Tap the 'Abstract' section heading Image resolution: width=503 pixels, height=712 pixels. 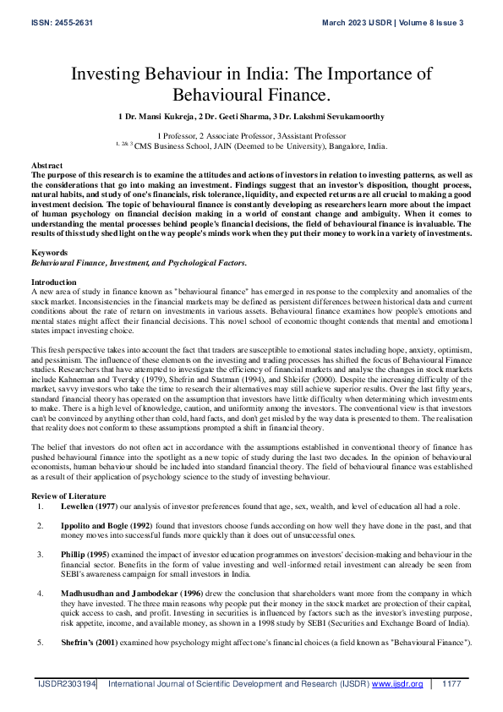(46, 165)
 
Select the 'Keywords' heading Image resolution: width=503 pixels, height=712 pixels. (49, 230)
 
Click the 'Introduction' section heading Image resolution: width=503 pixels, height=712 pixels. (53, 257)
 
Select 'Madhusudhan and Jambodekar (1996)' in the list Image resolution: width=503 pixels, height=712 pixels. (130, 594)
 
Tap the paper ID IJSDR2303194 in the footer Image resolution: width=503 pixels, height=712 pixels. (66, 683)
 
